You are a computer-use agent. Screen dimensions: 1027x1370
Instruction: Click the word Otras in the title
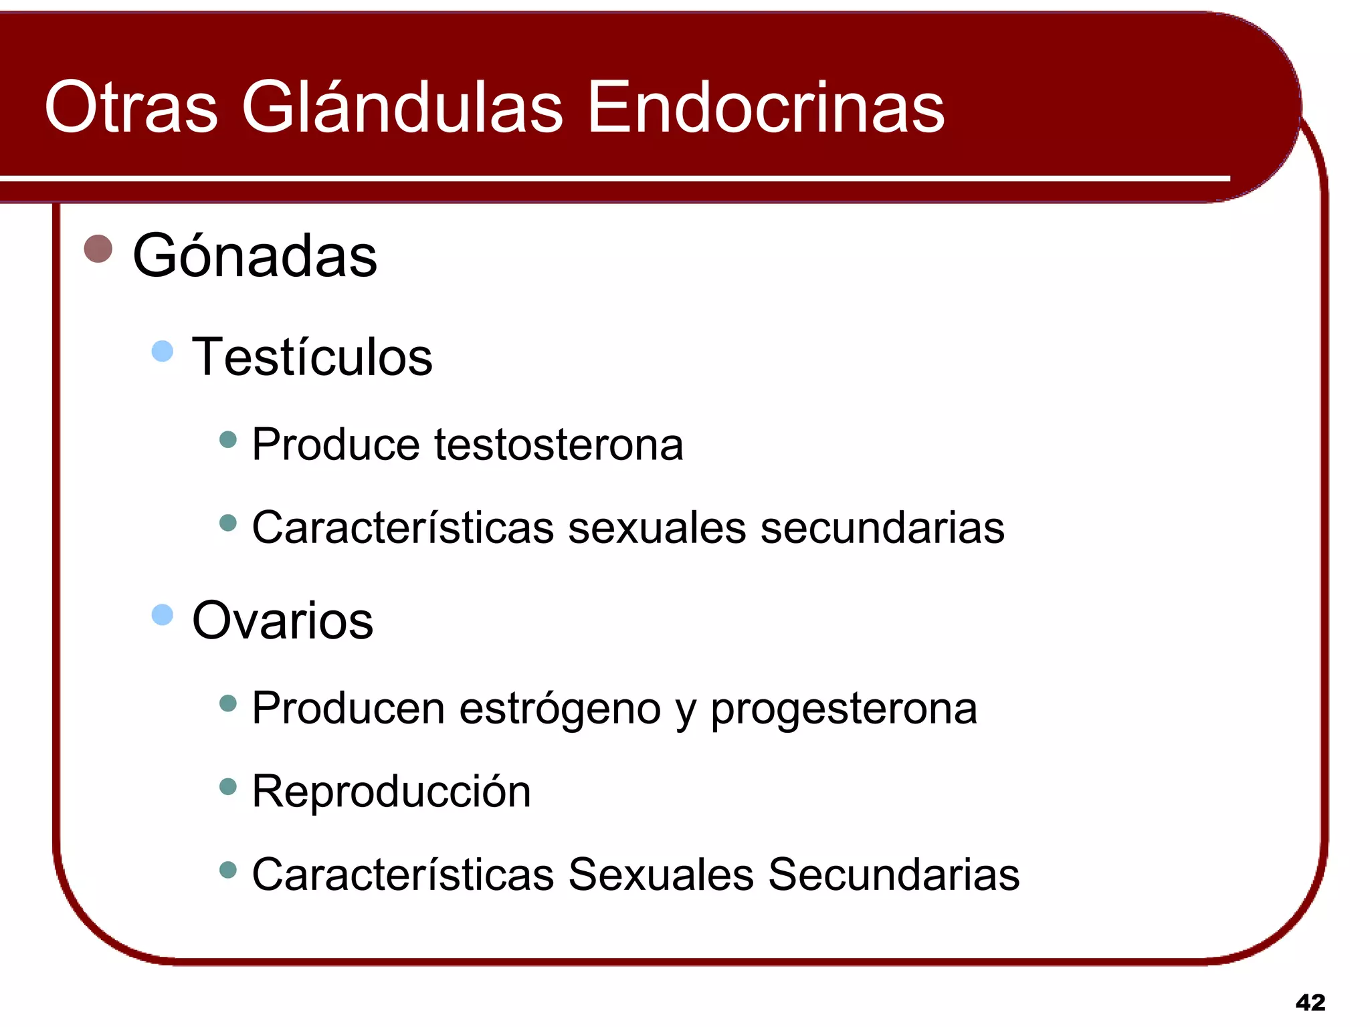(131, 107)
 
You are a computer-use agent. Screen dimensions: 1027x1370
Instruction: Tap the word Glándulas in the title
(402, 107)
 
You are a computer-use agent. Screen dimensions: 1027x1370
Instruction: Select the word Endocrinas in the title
(765, 107)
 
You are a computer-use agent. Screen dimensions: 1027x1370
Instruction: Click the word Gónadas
(255, 255)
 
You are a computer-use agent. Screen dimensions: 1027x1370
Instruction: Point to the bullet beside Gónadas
(98, 249)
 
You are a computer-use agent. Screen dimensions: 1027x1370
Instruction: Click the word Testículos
(312, 357)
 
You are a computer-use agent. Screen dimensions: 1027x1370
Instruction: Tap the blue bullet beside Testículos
(163, 351)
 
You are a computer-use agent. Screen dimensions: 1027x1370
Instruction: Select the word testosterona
(559, 445)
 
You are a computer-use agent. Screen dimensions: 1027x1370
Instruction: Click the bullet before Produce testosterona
(228, 439)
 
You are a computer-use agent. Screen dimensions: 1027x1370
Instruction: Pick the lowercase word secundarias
(882, 528)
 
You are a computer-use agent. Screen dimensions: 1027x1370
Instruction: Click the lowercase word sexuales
(656, 528)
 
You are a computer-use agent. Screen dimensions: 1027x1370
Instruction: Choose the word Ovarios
(282, 620)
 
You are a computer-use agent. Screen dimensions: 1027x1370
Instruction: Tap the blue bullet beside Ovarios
(163, 614)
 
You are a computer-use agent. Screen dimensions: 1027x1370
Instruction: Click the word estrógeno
(560, 709)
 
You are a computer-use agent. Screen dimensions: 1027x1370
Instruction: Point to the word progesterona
(844, 709)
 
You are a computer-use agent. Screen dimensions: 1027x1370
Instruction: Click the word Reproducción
(391, 792)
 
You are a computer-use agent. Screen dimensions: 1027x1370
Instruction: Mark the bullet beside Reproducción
(228, 786)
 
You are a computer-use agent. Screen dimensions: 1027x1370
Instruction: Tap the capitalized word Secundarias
(894, 875)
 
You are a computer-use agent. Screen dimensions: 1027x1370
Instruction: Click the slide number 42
(1310, 1002)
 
